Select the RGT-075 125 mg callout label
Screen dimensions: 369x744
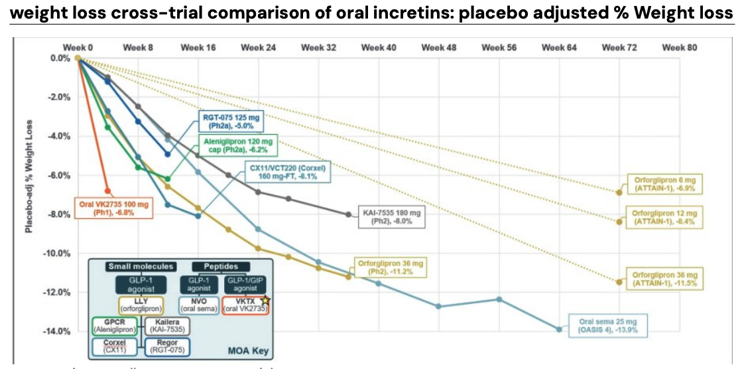point(231,121)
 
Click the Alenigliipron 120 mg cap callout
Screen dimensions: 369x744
point(237,146)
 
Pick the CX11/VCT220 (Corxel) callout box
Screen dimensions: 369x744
point(288,172)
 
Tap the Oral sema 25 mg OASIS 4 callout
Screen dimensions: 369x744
point(607,325)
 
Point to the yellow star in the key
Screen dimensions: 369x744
point(265,301)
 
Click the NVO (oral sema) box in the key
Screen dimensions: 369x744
point(197,305)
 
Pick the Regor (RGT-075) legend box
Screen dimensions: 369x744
point(166,347)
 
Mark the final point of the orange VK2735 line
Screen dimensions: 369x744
point(107,191)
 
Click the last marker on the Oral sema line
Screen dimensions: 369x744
point(559,329)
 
